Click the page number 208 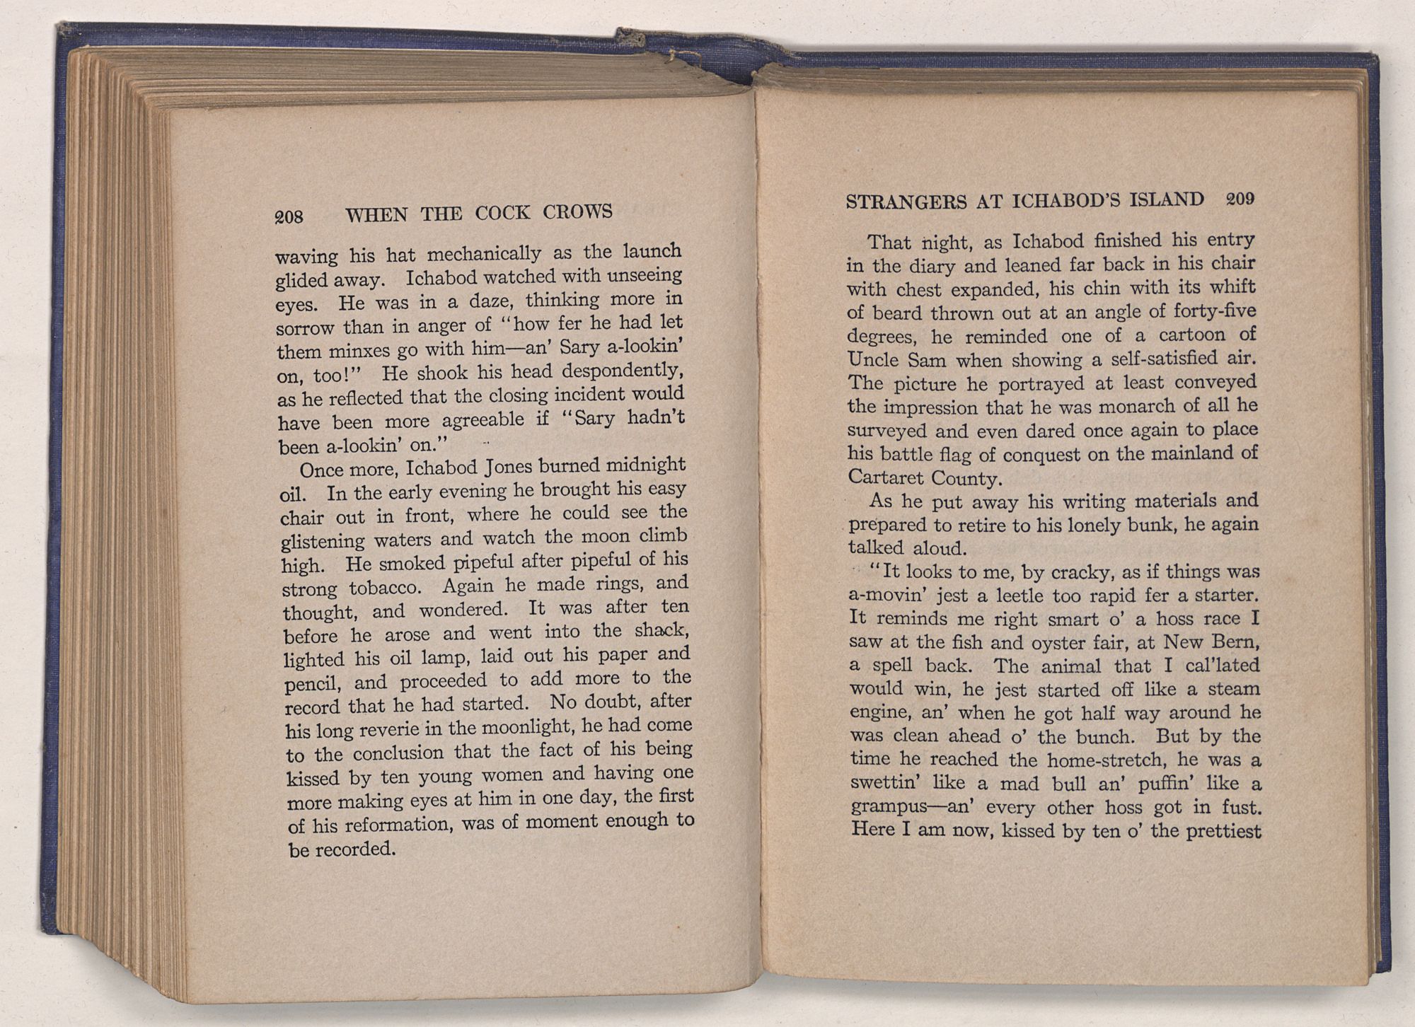(289, 216)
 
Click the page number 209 (1240, 199)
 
